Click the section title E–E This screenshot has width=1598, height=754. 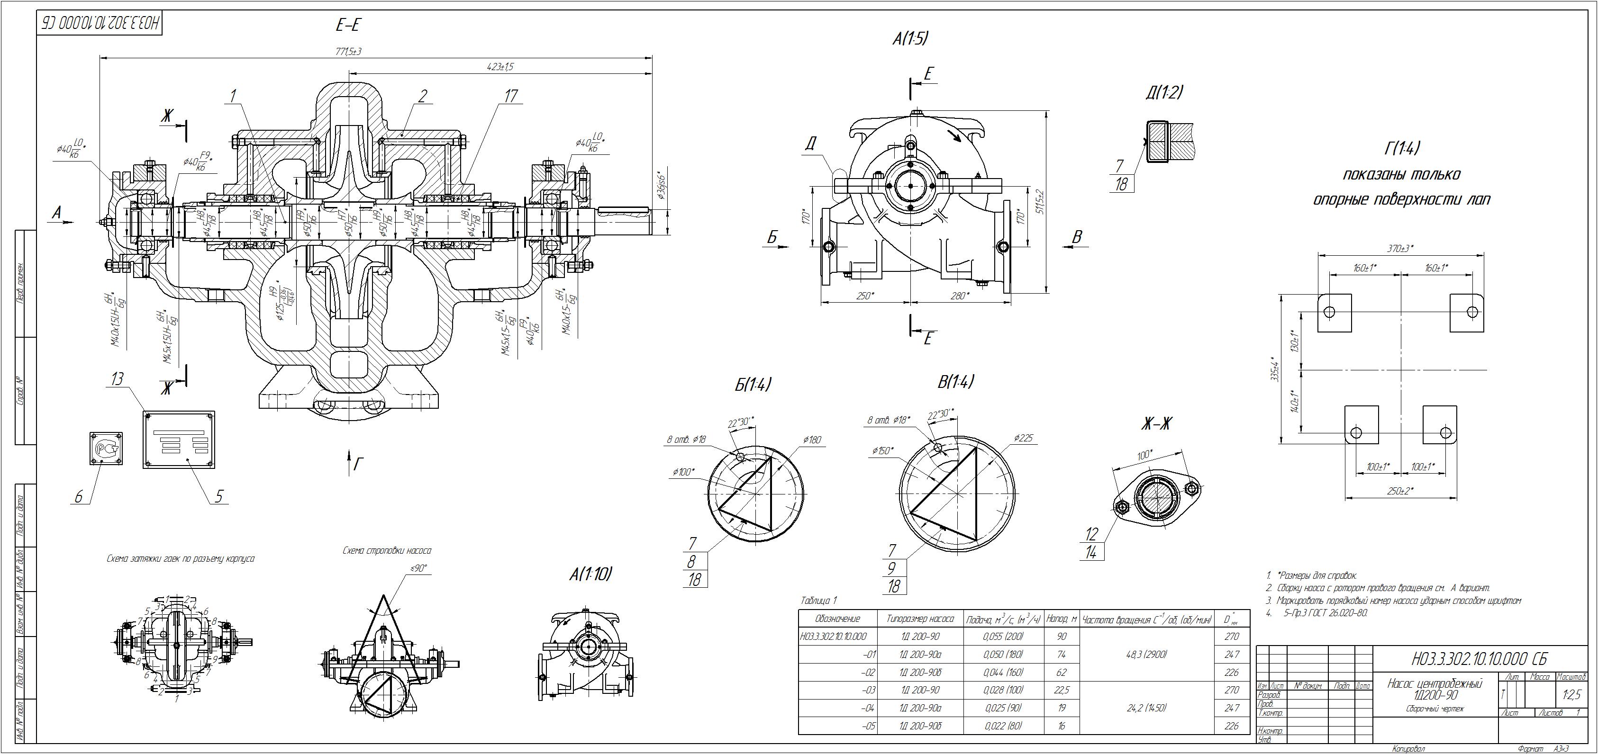pyautogui.click(x=349, y=26)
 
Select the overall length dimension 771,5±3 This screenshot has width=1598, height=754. pyautogui.click(x=349, y=52)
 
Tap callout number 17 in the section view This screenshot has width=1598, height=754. pyautogui.click(x=511, y=96)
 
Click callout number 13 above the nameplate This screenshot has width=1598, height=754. pyautogui.click(x=117, y=379)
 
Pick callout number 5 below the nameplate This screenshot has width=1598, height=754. pyautogui.click(x=218, y=496)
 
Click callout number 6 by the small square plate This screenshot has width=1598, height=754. pyautogui.click(x=79, y=497)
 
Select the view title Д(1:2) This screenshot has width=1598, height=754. pyautogui.click(x=1164, y=93)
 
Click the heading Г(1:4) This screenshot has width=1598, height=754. pyautogui.click(x=1401, y=149)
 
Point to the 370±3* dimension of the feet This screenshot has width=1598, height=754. pyautogui.click(x=1400, y=248)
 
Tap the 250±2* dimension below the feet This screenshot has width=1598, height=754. pyautogui.click(x=1400, y=491)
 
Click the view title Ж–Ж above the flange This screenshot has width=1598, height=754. pyautogui.click(x=1157, y=424)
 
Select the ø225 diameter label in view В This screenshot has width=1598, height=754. pyautogui.click(x=1024, y=439)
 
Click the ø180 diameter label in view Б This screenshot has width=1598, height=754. pyautogui.click(x=811, y=440)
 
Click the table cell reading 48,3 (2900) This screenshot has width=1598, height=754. pyautogui.click(x=1146, y=654)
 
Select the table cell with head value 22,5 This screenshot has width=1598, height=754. pyautogui.click(x=1062, y=690)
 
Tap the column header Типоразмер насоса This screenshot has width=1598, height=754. pyautogui.click(x=920, y=619)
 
